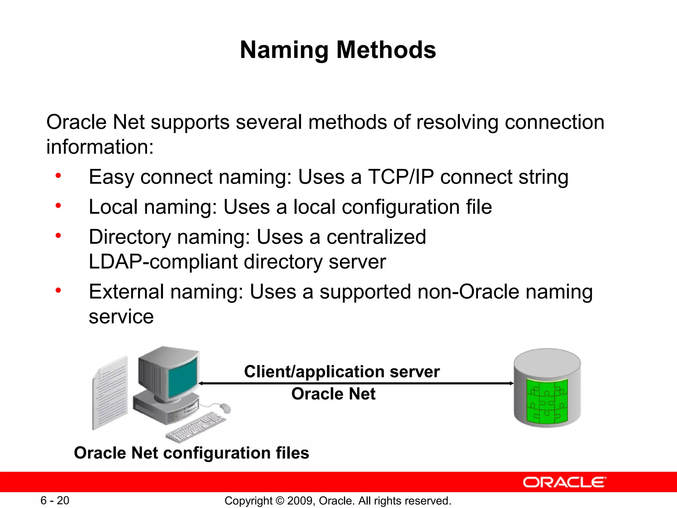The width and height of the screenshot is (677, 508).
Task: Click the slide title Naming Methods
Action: (338, 50)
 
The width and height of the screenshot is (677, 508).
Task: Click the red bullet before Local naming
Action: (58, 206)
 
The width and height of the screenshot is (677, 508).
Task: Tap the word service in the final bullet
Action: (121, 317)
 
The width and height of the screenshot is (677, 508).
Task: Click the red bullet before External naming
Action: (58, 291)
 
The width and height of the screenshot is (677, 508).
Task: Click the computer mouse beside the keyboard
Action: (225, 408)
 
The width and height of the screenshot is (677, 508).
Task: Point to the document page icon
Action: (110, 394)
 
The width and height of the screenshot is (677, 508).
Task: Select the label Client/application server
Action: (342, 371)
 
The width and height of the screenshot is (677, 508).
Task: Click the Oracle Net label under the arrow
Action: (333, 394)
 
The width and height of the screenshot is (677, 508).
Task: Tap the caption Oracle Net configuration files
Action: (191, 453)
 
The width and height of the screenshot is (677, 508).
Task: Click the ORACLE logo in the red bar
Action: (564, 482)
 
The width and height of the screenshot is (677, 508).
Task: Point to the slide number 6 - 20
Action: (55, 500)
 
